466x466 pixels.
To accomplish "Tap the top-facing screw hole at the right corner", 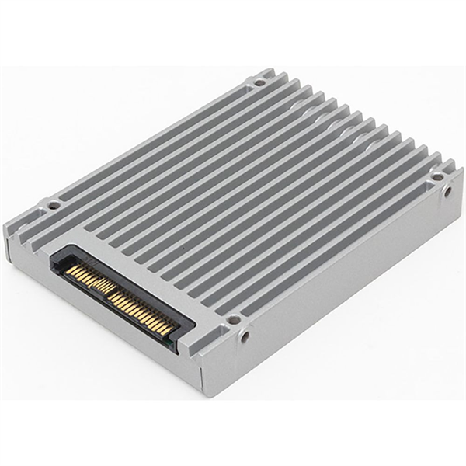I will coord(437,177).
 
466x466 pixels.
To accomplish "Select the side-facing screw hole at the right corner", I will coord(448,191).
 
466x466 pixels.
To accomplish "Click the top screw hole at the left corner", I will coord(53,206).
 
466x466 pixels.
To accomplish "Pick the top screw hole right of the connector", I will coord(233,319).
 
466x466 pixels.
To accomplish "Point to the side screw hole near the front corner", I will coord(245,336).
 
